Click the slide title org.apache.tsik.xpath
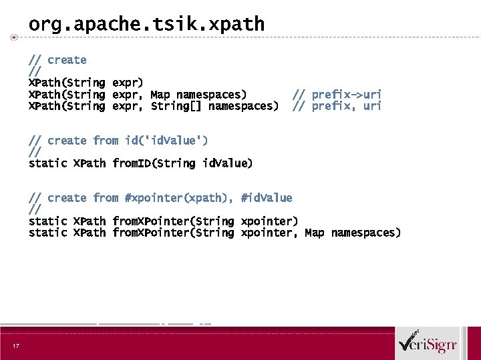click(x=146, y=25)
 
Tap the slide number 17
click(x=15, y=345)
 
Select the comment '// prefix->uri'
click(x=337, y=95)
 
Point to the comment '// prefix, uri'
click(x=337, y=106)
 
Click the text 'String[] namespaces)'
click(x=214, y=106)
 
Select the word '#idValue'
click(x=267, y=198)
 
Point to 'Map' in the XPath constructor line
click(x=160, y=95)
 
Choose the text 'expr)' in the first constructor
click(x=128, y=83)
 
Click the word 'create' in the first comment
click(x=67, y=60)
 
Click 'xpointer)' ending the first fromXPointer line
click(x=269, y=221)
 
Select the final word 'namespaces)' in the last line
click(x=366, y=233)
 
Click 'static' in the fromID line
click(x=47, y=163)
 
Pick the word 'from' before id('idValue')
click(x=106, y=141)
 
